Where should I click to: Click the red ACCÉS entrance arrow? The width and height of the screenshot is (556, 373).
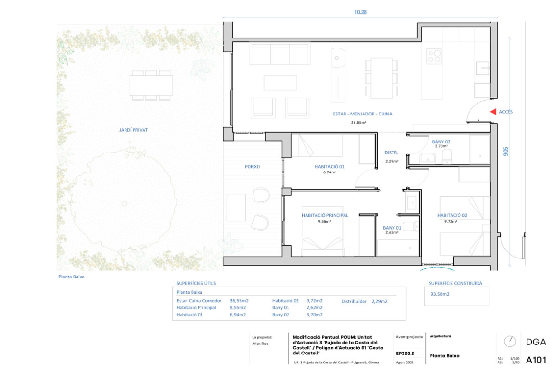pyautogui.click(x=493, y=112)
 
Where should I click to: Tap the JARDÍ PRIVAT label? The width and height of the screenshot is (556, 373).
pyautogui.click(x=134, y=130)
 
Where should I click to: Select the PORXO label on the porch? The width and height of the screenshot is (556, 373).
pyautogui.click(x=252, y=167)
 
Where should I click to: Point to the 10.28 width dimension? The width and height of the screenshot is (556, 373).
pyautogui.click(x=360, y=12)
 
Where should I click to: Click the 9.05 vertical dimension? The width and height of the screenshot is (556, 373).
pyautogui.click(x=505, y=152)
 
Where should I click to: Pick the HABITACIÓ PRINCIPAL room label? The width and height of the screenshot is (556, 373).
pyautogui.click(x=325, y=215)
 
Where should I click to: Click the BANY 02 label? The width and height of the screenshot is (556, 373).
pyautogui.click(x=441, y=142)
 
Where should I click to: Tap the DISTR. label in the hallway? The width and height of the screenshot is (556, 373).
pyautogui.click(x=391, y=153)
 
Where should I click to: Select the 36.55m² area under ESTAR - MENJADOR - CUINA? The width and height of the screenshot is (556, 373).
pyautogui.click(x=358, y=122)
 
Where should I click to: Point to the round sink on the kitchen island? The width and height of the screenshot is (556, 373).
pyautogui.click(x=336, y=58)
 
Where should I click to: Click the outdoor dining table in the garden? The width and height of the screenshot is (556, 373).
pyautogui.click(x=151, y=85)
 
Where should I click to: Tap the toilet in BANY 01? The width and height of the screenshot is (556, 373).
pyautogui.click(x=411, y=227)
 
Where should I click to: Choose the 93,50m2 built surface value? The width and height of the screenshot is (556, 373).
pyautogui.click(x=440, y=294)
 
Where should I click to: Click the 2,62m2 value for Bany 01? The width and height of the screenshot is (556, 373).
pyautogui.click(x=314, y=308)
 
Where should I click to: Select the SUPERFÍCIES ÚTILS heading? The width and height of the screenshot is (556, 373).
pyautogui.click(x=196, y=283)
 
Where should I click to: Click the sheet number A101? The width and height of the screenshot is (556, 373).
pyautogui.click(x=536, y=360)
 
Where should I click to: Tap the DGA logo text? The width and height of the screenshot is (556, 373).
pyautogui.click(x=536, y=342)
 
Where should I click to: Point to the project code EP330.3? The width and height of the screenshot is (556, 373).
pyautogui.click(x=405, y=354)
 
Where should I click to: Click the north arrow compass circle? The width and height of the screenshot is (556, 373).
pyautogui.click(x=509, y=342)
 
